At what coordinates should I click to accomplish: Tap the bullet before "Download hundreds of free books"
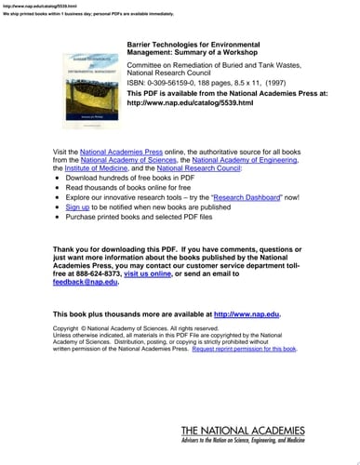point(58,176)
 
